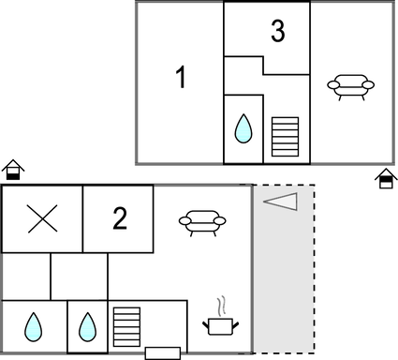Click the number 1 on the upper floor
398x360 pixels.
(x=182, y=79)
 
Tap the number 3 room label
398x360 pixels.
(x=277, y=32)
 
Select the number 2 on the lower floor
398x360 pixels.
(x=119, y=219)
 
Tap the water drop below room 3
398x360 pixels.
(x=243, y=128)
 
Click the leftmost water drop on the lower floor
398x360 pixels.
(x=34, y=326)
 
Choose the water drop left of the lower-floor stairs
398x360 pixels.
(x=88, y=326)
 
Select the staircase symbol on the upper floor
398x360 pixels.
(x=284, y=136)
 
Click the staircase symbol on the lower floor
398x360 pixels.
(x=125, y=327)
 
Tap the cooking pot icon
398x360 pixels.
(x=221, y=325)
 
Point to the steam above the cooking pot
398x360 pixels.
(x=222, y=306)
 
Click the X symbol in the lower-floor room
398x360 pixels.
(x=41, y=219)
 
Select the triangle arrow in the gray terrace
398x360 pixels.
(x=279, y=202)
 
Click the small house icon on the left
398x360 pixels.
(x=12, y=170)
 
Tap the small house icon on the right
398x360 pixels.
(x=385, y=178)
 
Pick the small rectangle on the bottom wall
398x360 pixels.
(x=163, y=352)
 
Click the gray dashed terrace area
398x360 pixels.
(x=284, y=281)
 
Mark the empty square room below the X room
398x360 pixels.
(x=79, y=276)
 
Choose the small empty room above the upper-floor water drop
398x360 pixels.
(x=243, y=75)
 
